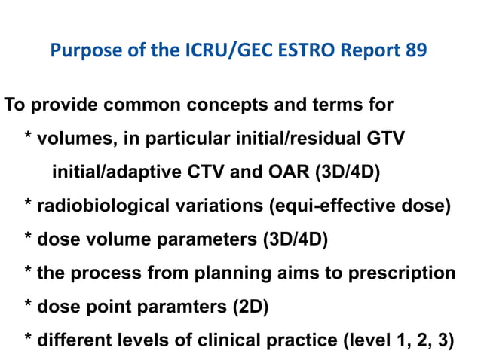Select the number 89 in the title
(418, 52)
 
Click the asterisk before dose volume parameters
(28, 239)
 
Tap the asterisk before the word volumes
(28, 139)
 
